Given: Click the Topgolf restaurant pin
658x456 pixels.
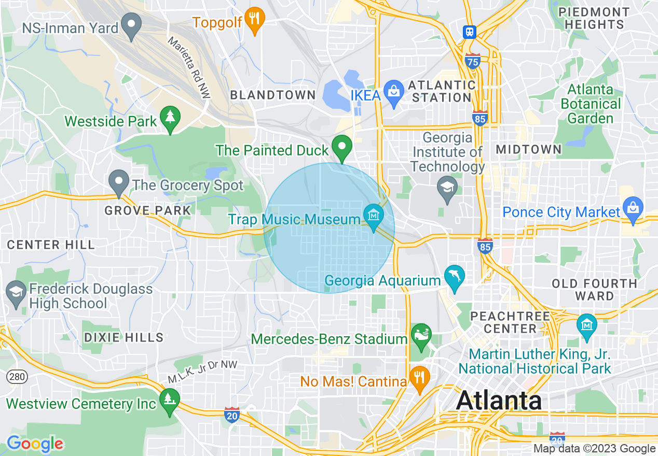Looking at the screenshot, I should [x=254, y=19].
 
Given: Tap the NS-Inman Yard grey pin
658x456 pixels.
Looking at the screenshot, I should [x=131, y=25].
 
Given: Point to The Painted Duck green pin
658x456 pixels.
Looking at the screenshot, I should [x=341, y=146].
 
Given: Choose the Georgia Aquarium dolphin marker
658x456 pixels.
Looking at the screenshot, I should [x=455, y=277].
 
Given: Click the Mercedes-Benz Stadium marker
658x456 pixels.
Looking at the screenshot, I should [x=421, y=335].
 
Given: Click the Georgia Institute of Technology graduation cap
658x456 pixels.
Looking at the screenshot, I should [x=447, y=188].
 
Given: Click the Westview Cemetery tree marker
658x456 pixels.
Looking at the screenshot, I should [x=169, y=401].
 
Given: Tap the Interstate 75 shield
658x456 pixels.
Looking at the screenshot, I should [x=472, y=60].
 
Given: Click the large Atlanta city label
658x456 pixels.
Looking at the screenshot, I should [x=499, y=400].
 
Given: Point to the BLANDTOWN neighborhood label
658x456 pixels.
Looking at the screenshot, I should [x=272, y=95].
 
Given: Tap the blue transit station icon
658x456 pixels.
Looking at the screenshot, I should [x=470, y=32].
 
